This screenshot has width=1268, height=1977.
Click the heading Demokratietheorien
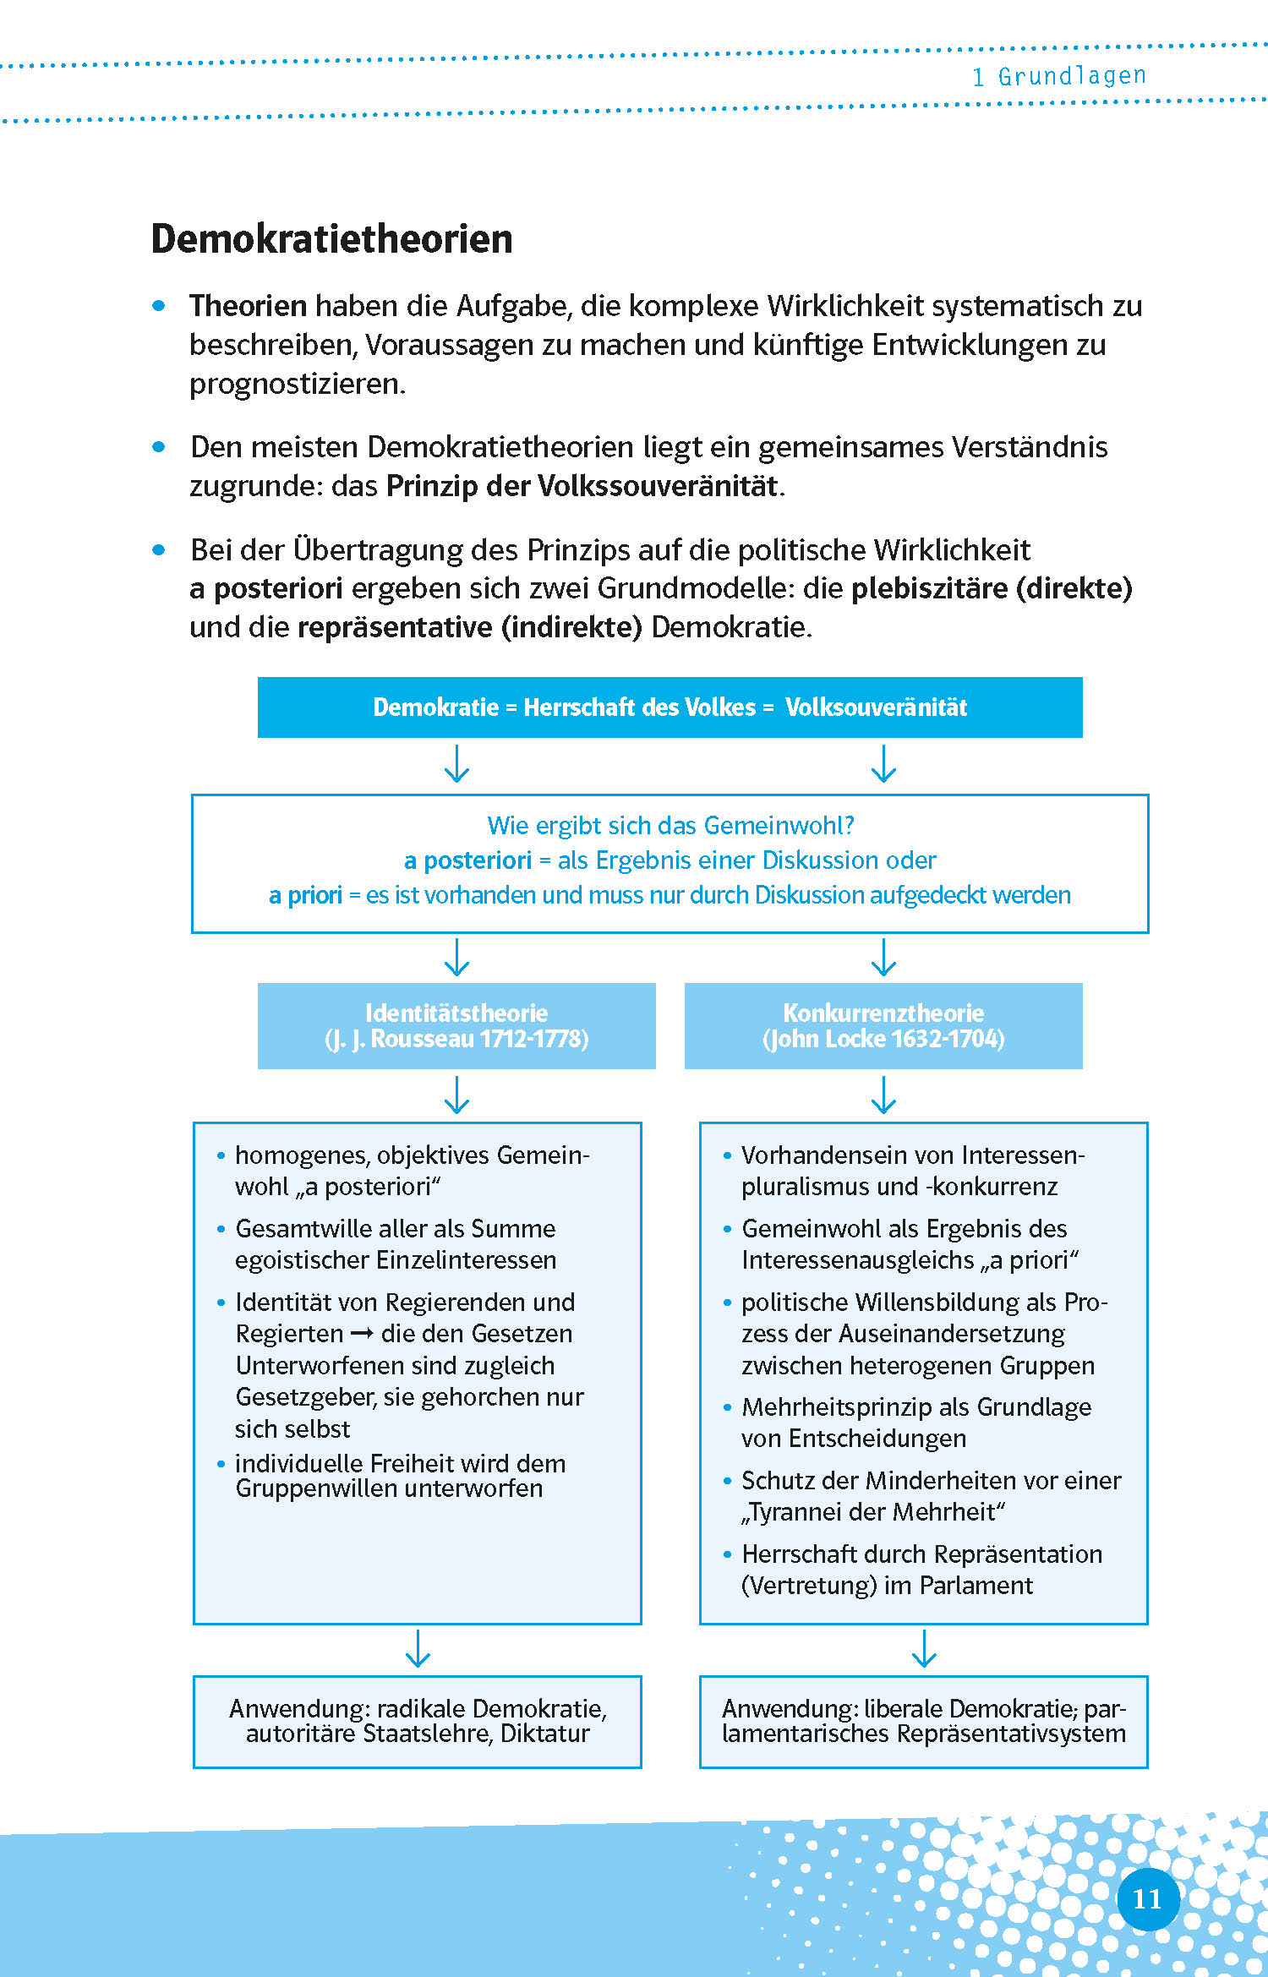[331, 239]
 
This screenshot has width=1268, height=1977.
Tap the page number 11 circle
[1147, 1899]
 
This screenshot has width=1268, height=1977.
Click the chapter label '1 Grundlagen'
[1058, 77]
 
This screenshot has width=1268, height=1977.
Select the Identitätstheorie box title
[456, 1013]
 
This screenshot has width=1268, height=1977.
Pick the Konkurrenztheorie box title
[883, 1013]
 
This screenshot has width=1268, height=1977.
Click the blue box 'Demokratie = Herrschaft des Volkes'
[670, 707]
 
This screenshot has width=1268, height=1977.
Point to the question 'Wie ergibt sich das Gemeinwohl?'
[670, 825]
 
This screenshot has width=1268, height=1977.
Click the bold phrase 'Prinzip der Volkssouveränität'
[582, 486]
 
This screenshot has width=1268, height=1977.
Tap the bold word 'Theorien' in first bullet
[248, 306]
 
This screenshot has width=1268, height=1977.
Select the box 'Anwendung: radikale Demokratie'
[418, 1721]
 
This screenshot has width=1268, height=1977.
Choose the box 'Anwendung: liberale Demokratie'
[923, 1721]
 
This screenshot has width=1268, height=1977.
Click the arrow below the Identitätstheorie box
[456, 1095]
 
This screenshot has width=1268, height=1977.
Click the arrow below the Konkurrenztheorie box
[883, 1095]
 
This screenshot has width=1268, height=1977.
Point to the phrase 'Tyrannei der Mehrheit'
[873, 1512]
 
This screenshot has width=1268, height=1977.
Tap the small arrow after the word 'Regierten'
[362, 1334]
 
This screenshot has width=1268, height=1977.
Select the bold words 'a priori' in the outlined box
[305, 895]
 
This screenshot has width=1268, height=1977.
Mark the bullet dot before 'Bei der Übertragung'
[159, 550]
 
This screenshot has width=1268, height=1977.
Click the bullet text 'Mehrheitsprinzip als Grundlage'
[916, 1407]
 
